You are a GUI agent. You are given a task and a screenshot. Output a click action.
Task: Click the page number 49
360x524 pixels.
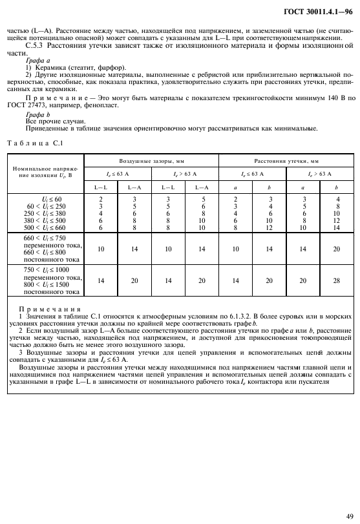349,516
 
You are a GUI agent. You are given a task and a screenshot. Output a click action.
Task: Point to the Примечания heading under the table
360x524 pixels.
50,309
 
